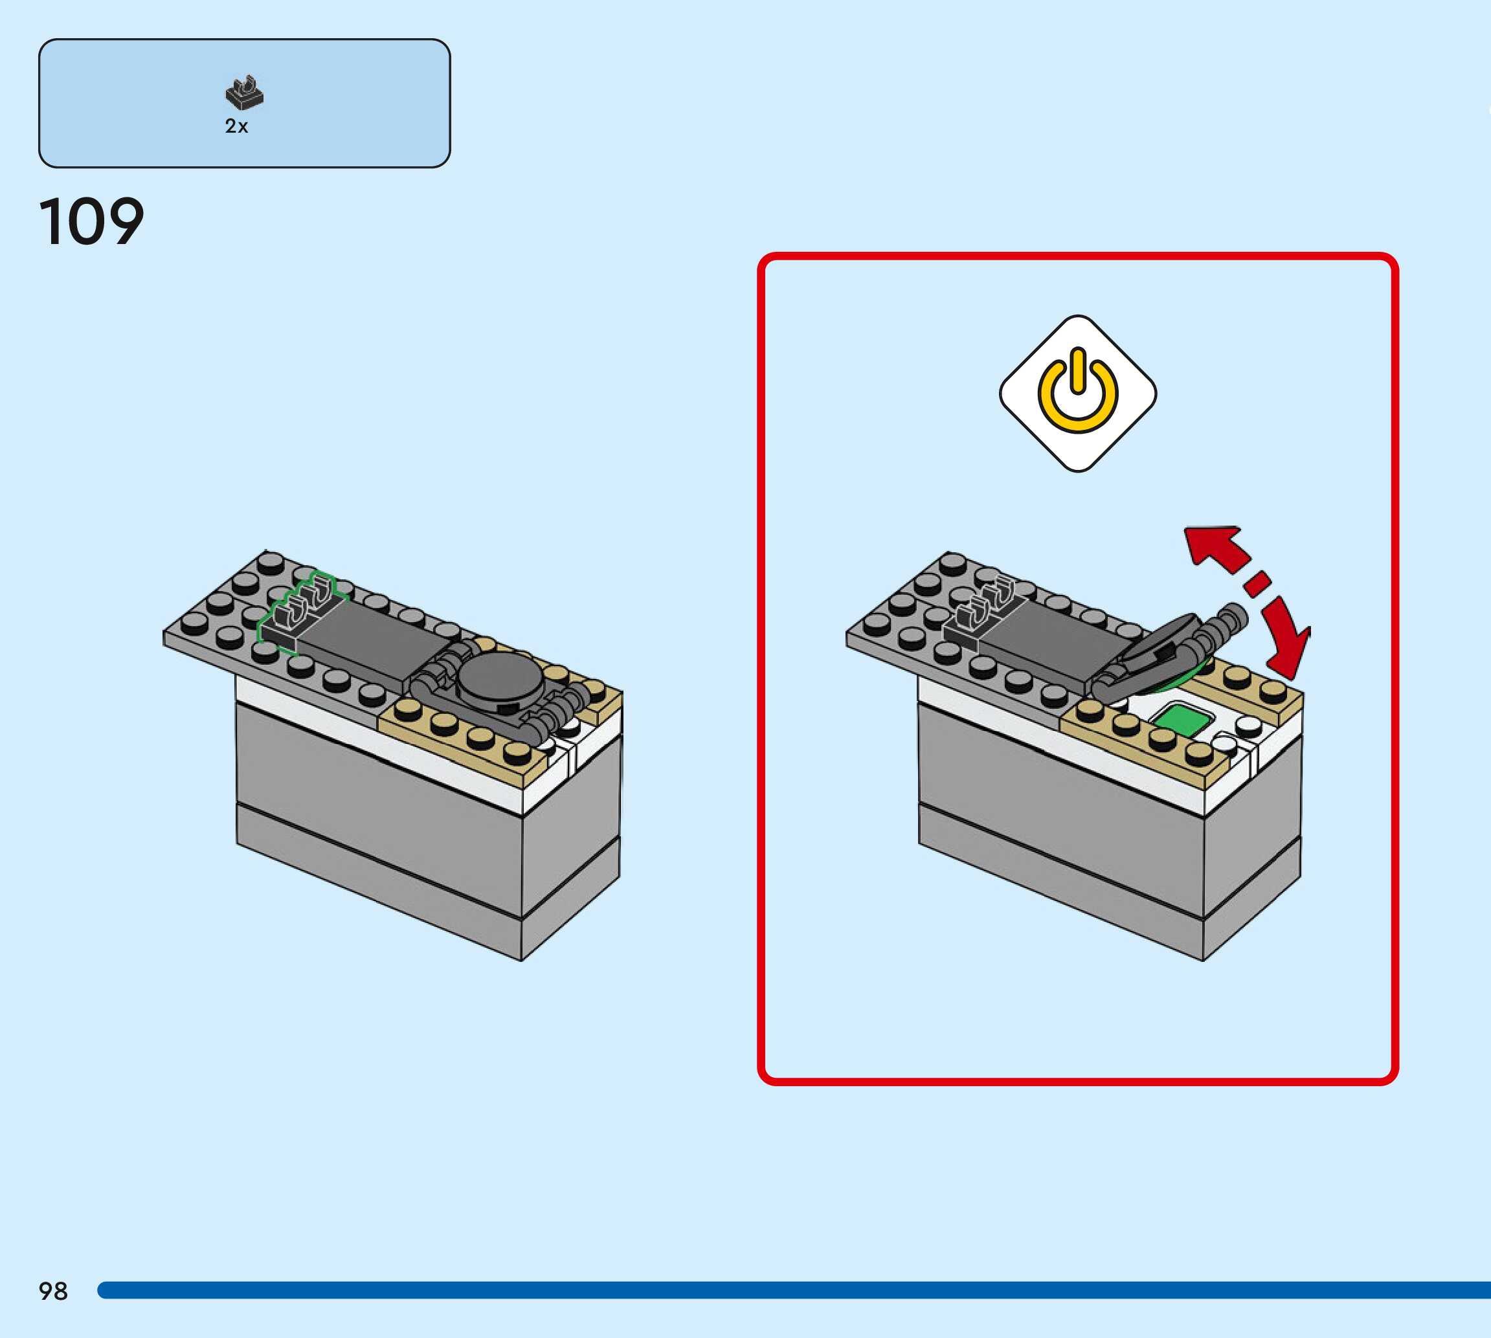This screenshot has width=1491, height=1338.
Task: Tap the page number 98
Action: coord(53,1291)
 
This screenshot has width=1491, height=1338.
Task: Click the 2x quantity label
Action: coord(236,126)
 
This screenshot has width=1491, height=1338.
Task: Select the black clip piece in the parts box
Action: coord(244,93)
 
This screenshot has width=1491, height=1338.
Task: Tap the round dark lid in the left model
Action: coord(500,678)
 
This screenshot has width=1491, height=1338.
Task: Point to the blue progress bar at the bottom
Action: coord(794,1290)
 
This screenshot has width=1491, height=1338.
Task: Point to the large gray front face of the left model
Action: coord(379,808)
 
